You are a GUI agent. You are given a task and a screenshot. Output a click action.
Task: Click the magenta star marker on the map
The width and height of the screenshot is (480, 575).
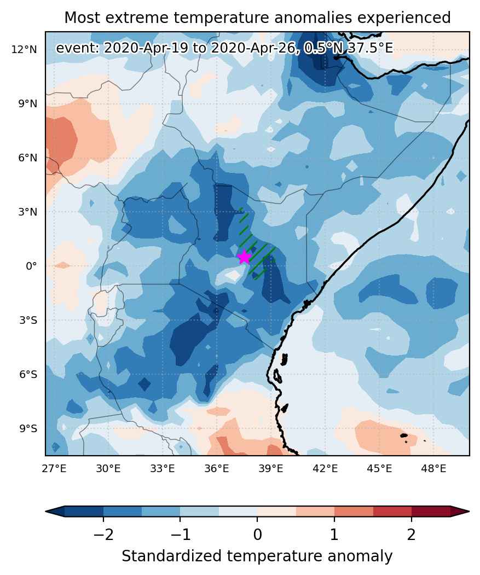click(x=244, y=258)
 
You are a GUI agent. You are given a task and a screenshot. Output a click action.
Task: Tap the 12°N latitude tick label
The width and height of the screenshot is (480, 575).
click(x=24, y=49)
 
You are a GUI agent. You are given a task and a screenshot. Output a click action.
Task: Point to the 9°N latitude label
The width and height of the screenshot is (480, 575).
click(x=28, y=104)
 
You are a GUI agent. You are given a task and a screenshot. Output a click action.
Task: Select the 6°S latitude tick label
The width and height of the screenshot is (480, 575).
click(x=28, y=375)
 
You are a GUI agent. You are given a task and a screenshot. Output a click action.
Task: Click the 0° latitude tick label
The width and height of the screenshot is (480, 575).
click(x=31, y=266)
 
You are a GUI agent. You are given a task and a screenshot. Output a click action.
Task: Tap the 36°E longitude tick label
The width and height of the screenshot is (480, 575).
click(x=217, y=469)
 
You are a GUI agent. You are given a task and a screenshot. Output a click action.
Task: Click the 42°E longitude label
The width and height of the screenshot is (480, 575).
click(x=325, y=469)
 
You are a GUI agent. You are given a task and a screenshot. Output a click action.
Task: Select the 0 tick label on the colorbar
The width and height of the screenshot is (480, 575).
click(x=257, y=535)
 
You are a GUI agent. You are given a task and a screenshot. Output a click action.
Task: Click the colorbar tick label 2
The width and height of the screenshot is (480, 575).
click(x=412, y=535)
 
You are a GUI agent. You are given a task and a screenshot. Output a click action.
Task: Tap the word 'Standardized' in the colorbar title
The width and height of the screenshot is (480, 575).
click(x=172, y=556)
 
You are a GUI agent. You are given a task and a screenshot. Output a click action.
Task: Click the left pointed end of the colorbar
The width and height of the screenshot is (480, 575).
click(x=46, y=511)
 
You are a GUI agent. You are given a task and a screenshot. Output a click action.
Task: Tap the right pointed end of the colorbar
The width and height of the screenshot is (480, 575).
click(x=469, y=511)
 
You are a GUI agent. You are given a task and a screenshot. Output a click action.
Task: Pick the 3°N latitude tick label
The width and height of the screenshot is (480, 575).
click(x=28, y=212)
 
